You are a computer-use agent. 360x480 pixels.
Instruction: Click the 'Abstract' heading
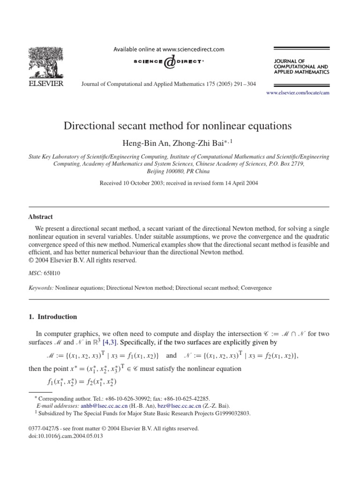point(41,217)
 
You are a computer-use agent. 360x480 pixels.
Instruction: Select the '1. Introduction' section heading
point(53,317)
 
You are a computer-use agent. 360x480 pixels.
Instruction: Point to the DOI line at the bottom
point(63,435)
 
